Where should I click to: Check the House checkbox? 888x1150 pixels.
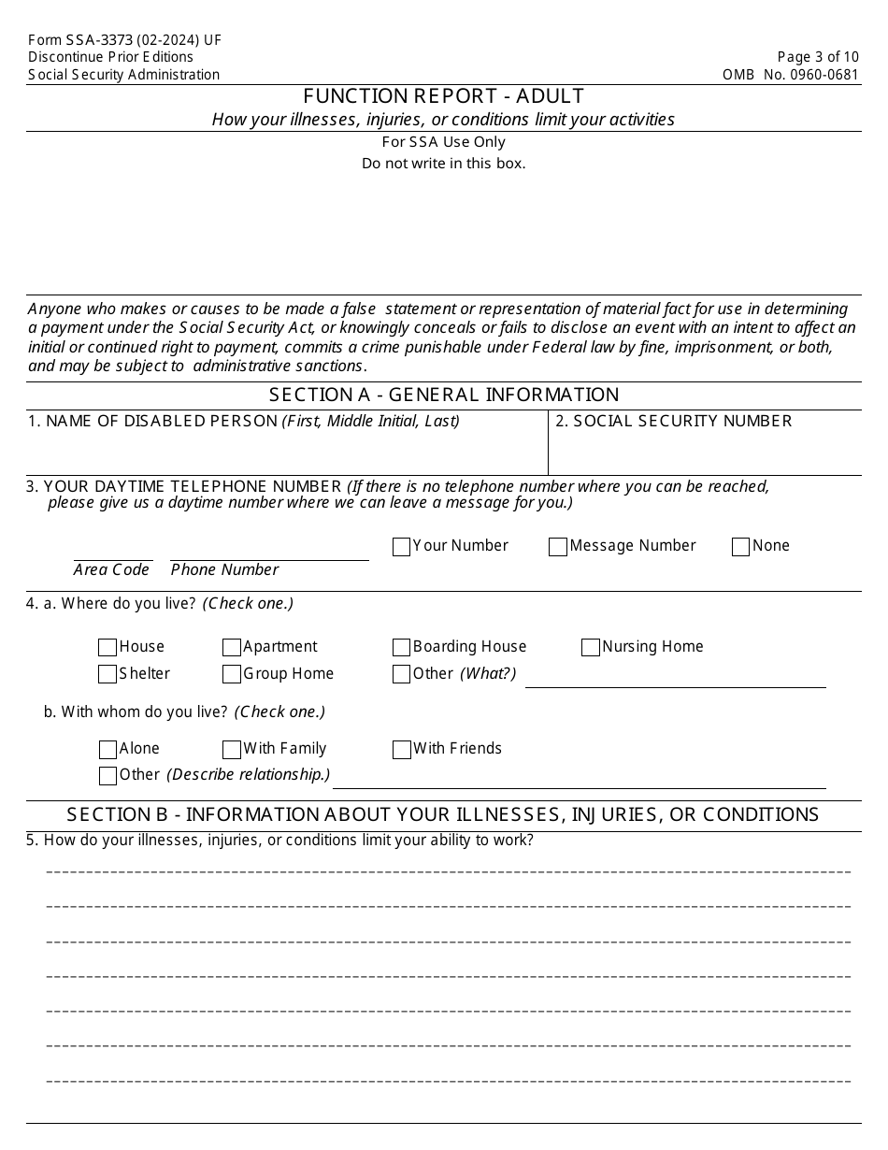coord(107,647)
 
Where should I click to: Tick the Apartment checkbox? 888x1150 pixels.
coord(232,647)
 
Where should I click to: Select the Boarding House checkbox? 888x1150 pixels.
coord(402,647)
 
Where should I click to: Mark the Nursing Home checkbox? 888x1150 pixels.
coord(591,647)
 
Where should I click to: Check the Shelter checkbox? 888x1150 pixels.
coord(107,674)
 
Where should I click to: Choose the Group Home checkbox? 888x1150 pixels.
coord(232,674)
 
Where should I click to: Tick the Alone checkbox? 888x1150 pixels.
coord(107,750)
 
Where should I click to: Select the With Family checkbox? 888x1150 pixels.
coord(232,750)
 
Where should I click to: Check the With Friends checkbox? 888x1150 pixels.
coord(402,750)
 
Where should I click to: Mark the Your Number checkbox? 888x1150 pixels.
coord(402,547)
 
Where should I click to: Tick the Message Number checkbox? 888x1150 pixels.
coord(558,547)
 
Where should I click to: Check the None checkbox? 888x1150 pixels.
coord(741,547)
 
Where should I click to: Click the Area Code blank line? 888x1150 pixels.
coord(113,552)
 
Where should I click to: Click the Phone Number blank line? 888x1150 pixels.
coord(269,552)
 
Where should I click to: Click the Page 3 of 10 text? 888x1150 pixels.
coord(817,57)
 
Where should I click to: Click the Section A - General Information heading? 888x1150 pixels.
coord(444,395)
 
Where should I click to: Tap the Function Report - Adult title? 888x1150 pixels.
coord(444,96)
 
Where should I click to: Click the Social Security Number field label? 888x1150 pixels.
coord(673,421)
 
